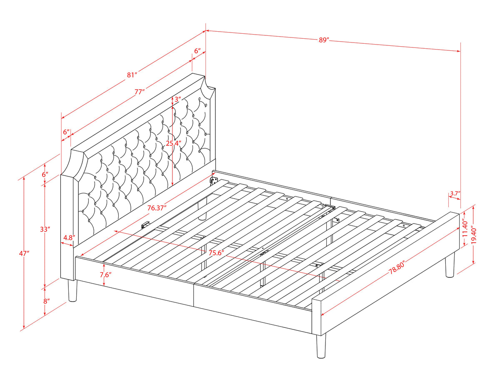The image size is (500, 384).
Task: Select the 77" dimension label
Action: pos(140,92)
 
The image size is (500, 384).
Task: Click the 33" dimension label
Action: pos(45,229)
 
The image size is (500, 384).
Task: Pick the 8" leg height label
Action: pos(47,301)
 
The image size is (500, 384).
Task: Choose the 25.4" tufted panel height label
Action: pos(173,143)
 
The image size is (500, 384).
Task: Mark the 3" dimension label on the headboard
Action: pos(178,100)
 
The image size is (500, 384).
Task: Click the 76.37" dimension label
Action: pos(157,208)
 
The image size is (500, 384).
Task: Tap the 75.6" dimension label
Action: pos(216,253)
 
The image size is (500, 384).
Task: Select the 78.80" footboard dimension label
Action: pos(396,269)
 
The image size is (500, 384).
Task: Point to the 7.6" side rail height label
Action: pos(105,274)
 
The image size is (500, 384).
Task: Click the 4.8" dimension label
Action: pos(69,238)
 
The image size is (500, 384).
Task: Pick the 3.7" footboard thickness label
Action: pos(455,193)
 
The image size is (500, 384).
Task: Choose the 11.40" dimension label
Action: pos(465,229)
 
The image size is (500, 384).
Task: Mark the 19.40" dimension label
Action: pos(474,235)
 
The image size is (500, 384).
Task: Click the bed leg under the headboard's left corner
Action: pos(72,290)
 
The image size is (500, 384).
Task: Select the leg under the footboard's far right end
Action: pos(450,265)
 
